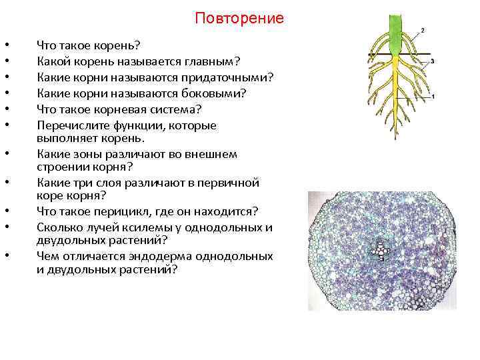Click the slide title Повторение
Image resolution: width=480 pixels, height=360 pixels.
(x=239, y=18)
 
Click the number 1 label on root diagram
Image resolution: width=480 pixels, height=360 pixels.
(x=433, y=97)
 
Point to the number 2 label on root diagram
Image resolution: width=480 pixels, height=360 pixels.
(x=423, y=30)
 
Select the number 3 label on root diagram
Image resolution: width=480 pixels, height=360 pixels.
(x=433, y=61)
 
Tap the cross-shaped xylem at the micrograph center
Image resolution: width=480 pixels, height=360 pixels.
(x=381, y=251)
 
